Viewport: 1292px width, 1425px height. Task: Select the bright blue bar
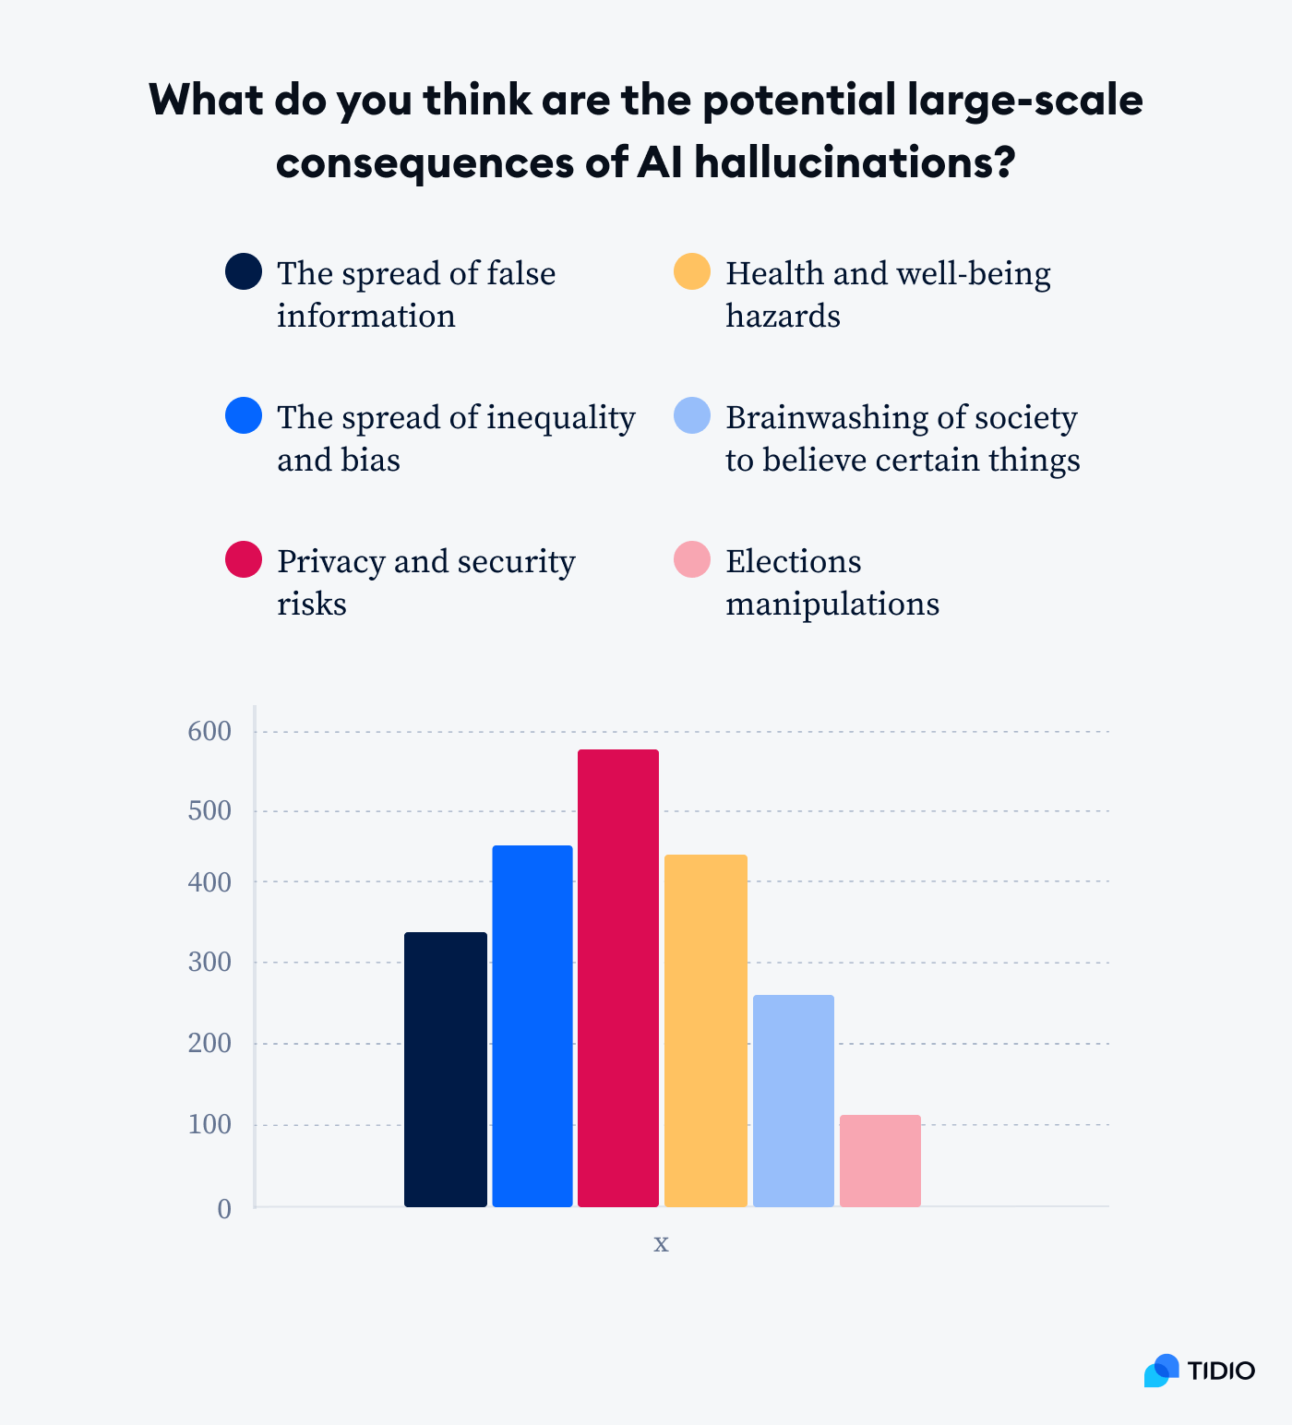pos(532,1025)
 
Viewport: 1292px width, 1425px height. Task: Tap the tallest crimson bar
pos(618,977)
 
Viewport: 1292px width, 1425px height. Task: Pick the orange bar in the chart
pos(706,1030)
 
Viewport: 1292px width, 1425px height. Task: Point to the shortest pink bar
pos(880,1160)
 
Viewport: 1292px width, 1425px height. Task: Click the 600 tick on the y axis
pos(209,732)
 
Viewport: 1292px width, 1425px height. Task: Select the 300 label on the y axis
pos(209,963)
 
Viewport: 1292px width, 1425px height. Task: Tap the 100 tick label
pos(209,1125)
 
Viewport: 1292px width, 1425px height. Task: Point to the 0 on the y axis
pos(224,1209)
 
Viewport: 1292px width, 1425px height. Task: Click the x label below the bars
pos(661,1243)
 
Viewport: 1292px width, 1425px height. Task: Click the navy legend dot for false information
pos(244,271)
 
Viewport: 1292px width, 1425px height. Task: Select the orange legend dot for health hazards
pos(692,271)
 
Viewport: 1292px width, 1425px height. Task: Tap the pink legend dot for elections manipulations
pos(692,559)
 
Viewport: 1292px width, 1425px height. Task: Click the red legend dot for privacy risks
pos(244,559)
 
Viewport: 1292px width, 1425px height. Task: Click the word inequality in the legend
pos(560,418)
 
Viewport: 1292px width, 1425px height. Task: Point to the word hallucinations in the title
pos(854,162)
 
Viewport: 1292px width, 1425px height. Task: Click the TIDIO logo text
pos(1221,1371)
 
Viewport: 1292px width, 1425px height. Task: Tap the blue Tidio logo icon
pos(1161,1371)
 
